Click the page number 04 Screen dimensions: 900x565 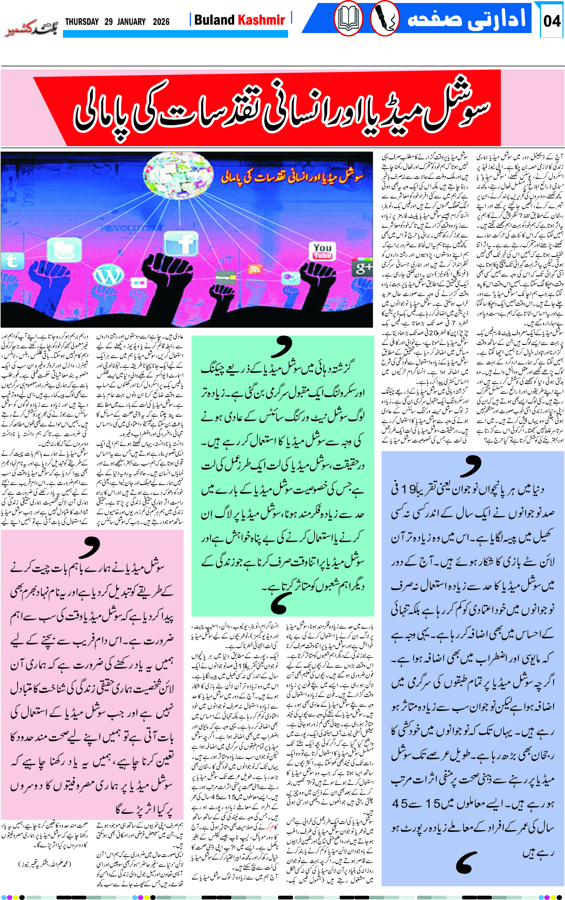[x=552, y=21]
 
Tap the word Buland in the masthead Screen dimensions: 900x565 [x=214, y=20]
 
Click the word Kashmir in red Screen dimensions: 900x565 [x=261, y=20]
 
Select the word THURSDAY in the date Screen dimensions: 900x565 [x=82, y=22]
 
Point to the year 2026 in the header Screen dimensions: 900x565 [x=161, y=22]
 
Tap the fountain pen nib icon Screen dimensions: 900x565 [x=385, y=18]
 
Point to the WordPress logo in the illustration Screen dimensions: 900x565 [x=108, y=275]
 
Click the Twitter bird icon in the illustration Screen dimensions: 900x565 [x=64, y=250]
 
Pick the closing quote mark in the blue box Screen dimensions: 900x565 [x=466, y=862]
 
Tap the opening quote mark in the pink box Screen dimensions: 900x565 [x=89, y=546]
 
